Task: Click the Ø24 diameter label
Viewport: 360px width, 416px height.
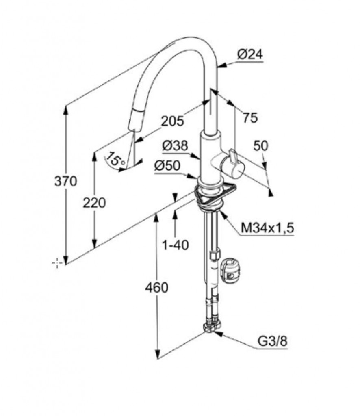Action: [x=250, y=55]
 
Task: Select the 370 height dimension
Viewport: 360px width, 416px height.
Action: [x=65, y=181]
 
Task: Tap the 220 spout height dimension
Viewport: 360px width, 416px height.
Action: [x=94, y=203]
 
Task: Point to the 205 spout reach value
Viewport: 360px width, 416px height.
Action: [x=173, y=121]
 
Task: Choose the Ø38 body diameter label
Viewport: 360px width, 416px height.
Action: [x=175, y=145]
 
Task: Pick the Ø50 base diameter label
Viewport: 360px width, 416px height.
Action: [x=167, y=166]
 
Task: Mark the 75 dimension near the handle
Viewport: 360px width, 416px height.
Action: [x=250, y=117]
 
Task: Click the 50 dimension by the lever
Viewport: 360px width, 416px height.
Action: [x=260, y=146]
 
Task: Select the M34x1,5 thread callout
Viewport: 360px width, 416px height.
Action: [x=267, y=227]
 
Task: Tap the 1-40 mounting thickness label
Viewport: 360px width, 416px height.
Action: [x=176, y=245]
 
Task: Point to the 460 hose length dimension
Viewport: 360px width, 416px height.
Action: [x=156, y=288]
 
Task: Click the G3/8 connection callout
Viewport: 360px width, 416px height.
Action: [x=273, y=341]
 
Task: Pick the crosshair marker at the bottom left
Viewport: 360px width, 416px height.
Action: [x=57, y=263]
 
